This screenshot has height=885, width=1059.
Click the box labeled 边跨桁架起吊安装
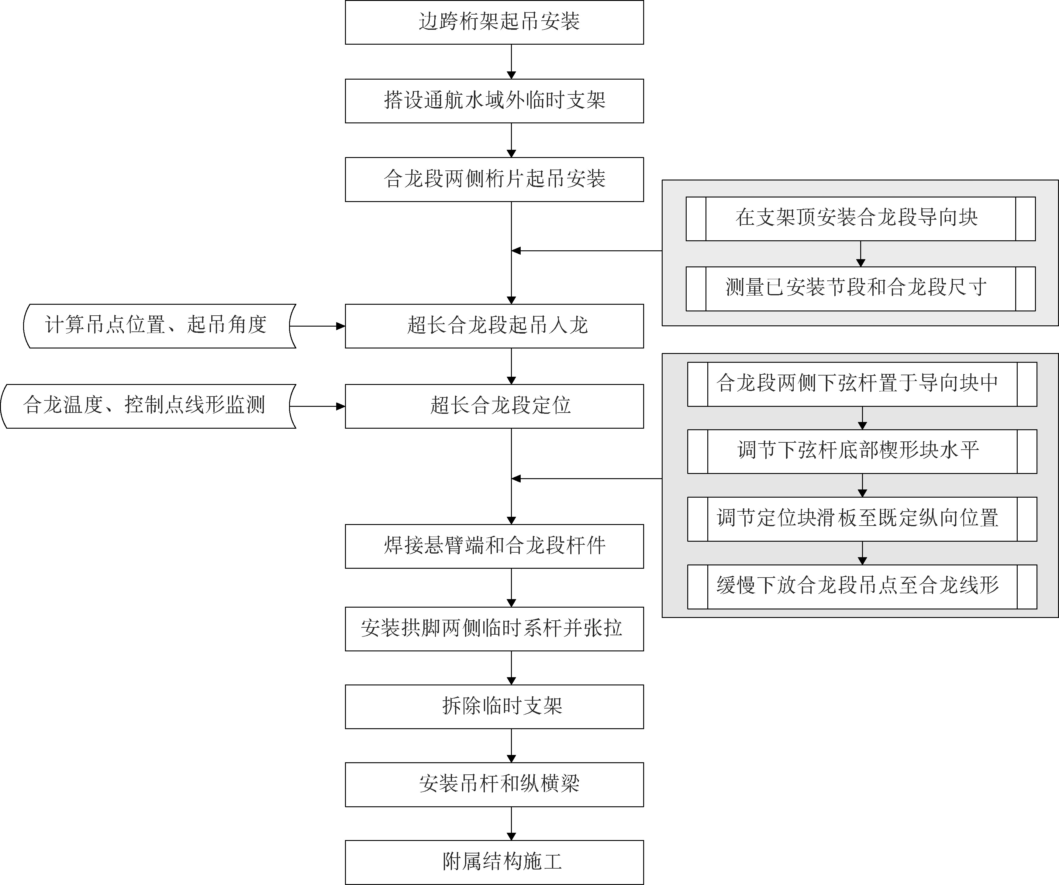(494, 22)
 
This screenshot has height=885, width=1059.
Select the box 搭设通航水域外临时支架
(494, 101)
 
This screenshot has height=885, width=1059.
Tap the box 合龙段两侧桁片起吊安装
(494, 180)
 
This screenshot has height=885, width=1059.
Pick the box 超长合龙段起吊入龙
(494, 326)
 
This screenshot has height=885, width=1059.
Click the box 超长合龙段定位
(494, 406)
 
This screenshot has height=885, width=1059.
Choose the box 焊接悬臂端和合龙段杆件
(494, 546)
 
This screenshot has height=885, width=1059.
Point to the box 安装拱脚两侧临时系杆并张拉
(494, 629)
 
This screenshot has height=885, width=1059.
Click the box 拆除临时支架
(494, 707)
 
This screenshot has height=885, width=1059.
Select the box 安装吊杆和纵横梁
(494, 784)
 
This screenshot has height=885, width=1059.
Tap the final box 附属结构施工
(494, 862)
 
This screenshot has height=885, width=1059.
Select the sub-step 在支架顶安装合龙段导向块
(860, 219)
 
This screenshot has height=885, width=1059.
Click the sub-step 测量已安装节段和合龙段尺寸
(860, 288)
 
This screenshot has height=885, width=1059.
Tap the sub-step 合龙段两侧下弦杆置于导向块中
(862, 384)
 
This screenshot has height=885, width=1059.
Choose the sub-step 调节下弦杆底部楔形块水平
(862, 451)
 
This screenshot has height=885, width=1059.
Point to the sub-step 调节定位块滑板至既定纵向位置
(862, 519)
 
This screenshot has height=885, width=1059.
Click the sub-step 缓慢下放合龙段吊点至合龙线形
(862, 587)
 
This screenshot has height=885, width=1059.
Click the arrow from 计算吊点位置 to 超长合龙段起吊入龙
(318, 326)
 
